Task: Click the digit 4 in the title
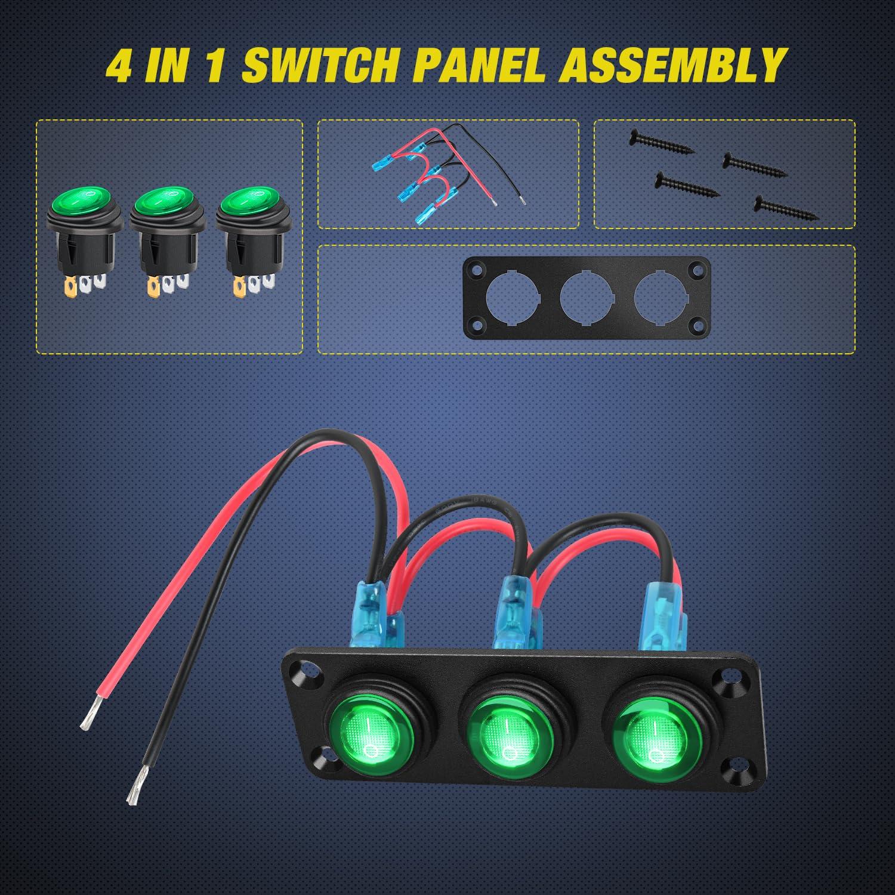tap(119, 66)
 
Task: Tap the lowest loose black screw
tap(785, 206)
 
